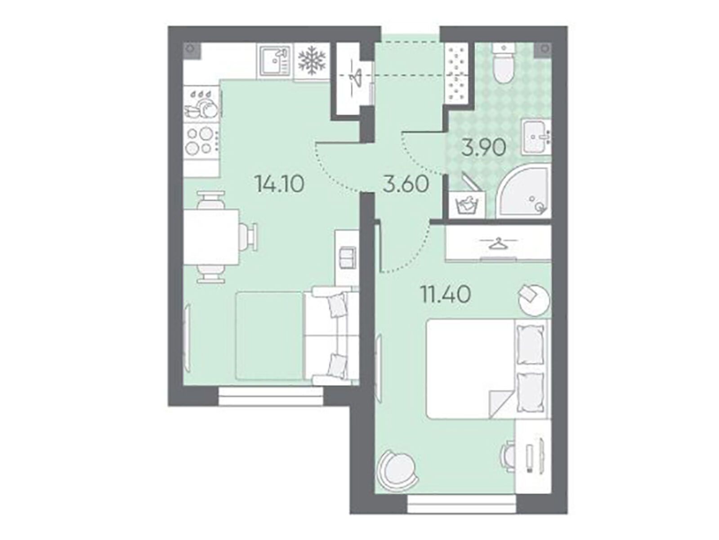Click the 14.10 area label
[280, 184]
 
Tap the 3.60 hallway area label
[406, 184]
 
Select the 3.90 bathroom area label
[484, 148]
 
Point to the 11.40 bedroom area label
[447, 294]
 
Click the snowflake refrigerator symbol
[311, 61]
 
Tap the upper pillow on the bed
[530, 346]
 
